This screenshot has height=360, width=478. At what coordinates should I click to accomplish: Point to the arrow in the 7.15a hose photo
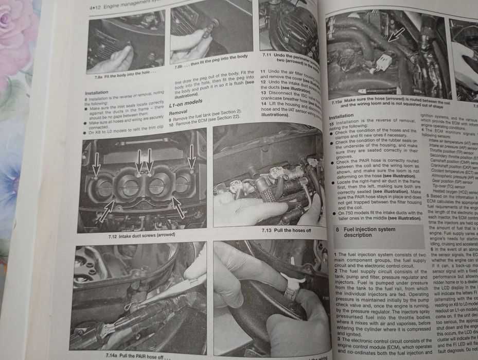tap(396, 35)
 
